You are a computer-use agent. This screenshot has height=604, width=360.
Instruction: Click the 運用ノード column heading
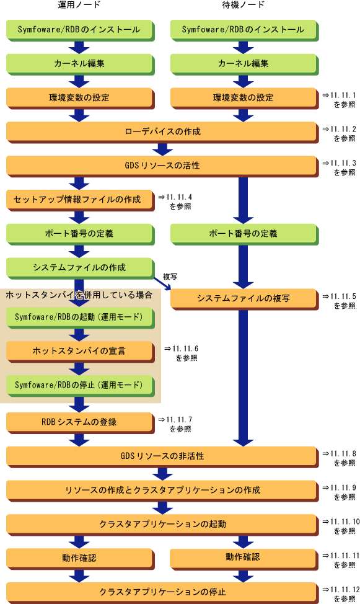point(79,5)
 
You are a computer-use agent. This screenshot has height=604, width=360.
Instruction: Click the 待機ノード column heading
point(243,5)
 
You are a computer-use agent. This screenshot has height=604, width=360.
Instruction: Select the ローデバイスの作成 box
point(162,132)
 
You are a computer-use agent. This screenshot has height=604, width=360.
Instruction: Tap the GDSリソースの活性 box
point(162,166)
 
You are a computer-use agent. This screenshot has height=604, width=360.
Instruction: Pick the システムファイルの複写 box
point(244,299)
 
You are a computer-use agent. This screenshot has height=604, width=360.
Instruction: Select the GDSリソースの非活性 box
point(162,456)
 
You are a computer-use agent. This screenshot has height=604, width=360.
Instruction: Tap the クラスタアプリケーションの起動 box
point(162,525)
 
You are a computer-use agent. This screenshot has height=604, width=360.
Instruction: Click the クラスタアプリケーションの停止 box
point(162,592)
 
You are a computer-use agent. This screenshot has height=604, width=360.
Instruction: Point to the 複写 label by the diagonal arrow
point(170,277)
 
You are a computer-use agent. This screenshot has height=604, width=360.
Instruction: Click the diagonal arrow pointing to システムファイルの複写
point(162,283)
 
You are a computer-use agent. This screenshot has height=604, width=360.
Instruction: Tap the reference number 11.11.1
point(343,95)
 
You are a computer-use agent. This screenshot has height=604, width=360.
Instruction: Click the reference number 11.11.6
point(185,349)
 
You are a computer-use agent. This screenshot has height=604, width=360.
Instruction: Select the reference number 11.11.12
point(345,590)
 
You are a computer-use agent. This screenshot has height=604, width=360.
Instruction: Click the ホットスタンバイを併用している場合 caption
point(79,295)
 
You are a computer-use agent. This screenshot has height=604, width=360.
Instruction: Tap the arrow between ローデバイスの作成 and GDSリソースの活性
point(162,150)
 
